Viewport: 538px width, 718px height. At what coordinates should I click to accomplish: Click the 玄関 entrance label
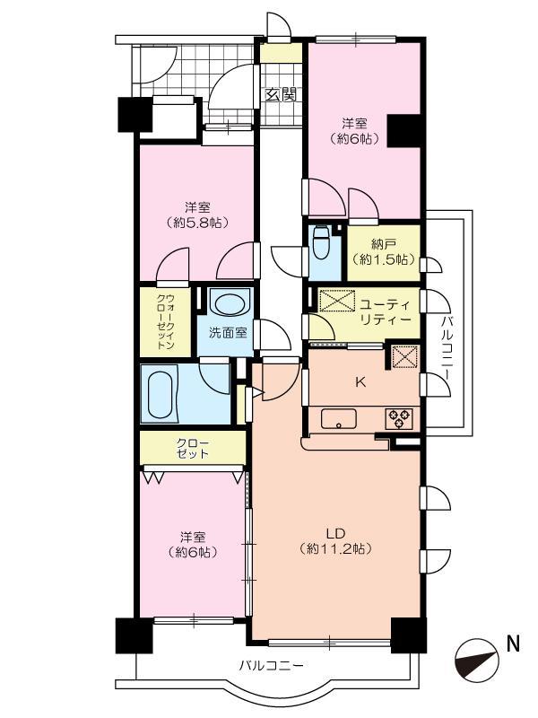pos(282,94)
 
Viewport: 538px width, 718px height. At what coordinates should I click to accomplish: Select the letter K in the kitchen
pos(360,382)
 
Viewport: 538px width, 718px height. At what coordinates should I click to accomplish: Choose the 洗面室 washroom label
pos(228,333)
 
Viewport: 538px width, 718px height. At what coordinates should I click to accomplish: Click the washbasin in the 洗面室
pos(230,304)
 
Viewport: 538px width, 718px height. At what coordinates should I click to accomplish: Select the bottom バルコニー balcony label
pos(272,666)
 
